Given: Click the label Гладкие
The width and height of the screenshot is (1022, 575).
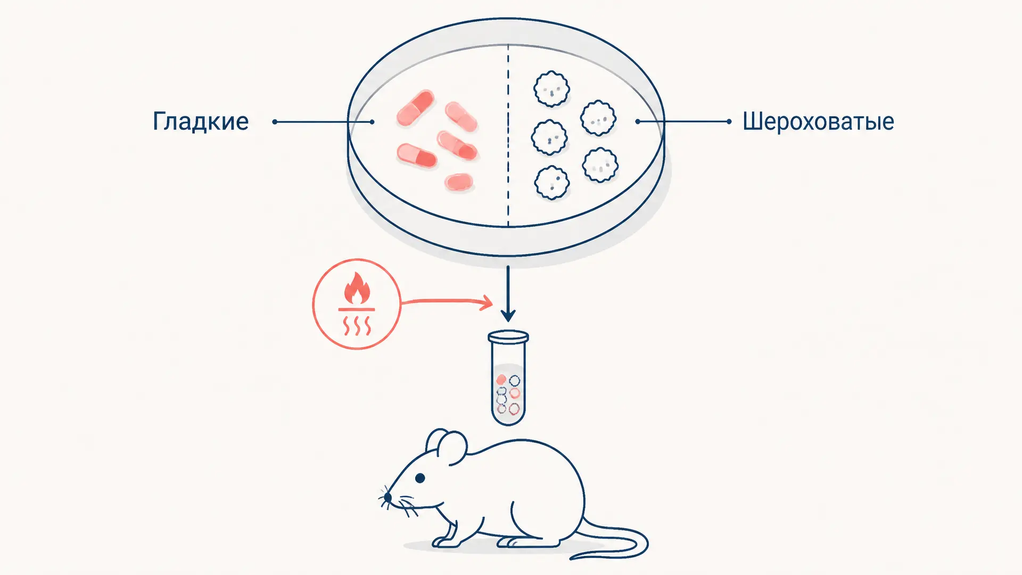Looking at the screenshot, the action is pyautogui.click(x=201, y=121).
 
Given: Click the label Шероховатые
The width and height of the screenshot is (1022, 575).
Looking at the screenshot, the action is pyautogui.click(x=818, y=122).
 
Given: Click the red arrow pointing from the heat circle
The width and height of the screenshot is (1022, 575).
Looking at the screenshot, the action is pyautogui.click(x=446, y=302).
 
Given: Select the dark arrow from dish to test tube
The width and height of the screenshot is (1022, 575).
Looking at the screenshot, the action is pyautogui.click(x=508, y=293).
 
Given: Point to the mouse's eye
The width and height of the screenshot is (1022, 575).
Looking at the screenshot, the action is pyautogui.click(x=420, y=478).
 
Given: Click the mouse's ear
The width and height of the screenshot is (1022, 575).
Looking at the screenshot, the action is pyautogui.click(x=446, y=446).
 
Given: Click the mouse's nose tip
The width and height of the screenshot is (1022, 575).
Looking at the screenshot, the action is pyautogui.click(x=388, y=497).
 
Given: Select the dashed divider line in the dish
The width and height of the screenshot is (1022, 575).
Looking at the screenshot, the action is pyautogui.click(x=508, y=136).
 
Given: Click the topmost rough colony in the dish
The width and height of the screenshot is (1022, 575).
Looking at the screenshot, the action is pyautogui.click(x=551, y=89).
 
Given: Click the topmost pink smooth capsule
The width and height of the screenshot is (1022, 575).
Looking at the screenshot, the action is pyautogui.click(x=415, y=108).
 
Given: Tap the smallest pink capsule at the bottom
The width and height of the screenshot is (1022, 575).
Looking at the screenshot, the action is pyautogui.click(x=459, y=182).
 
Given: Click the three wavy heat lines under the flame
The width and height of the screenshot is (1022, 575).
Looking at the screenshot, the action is pyautogui.click(x=357, y=326).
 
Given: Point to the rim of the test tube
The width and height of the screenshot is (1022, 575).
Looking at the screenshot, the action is pyautogui.click(x=508, y=336).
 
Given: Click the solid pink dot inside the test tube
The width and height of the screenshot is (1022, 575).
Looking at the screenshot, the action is pyautogui.click(x=501, y=380).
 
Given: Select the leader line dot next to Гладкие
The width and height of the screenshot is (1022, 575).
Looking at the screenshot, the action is pyautogui.click(x=275, y=122).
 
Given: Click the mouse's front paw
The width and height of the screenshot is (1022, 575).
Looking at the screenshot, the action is pyautogui.click(x=446, y=542).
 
